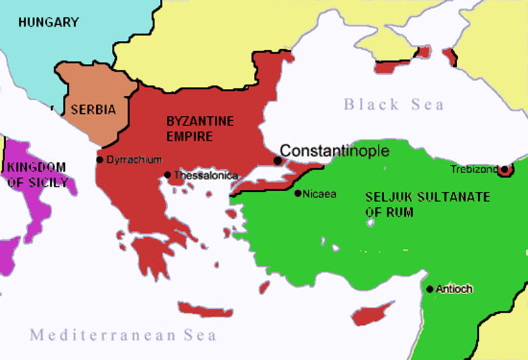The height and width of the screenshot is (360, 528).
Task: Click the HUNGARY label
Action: (49, 22)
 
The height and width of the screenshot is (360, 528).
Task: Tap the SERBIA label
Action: (93, 109)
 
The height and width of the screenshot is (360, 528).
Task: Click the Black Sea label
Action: (393, 104)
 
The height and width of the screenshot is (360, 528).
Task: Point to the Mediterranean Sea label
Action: (123, 334)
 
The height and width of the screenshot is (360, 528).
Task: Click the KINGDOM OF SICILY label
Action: (36, 175)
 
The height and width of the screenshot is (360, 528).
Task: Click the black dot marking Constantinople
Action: (277, 160)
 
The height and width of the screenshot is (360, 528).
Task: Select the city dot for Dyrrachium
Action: (100, 160)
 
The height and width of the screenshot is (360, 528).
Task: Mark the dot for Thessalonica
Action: (167, 175)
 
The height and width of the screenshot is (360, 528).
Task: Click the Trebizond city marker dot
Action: (504, 170)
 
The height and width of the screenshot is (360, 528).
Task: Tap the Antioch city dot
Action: (430, 289)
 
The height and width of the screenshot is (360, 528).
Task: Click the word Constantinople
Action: (335, 151)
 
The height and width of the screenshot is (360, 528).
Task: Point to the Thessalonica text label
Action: (206, 175)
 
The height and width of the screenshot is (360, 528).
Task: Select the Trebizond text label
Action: (474, 169)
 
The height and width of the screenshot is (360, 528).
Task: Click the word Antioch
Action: (454, 289)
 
